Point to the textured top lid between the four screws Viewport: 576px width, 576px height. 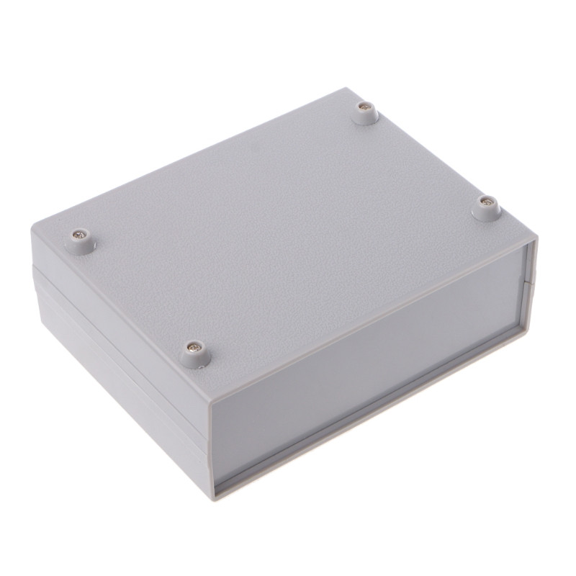(x=288, y=216)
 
